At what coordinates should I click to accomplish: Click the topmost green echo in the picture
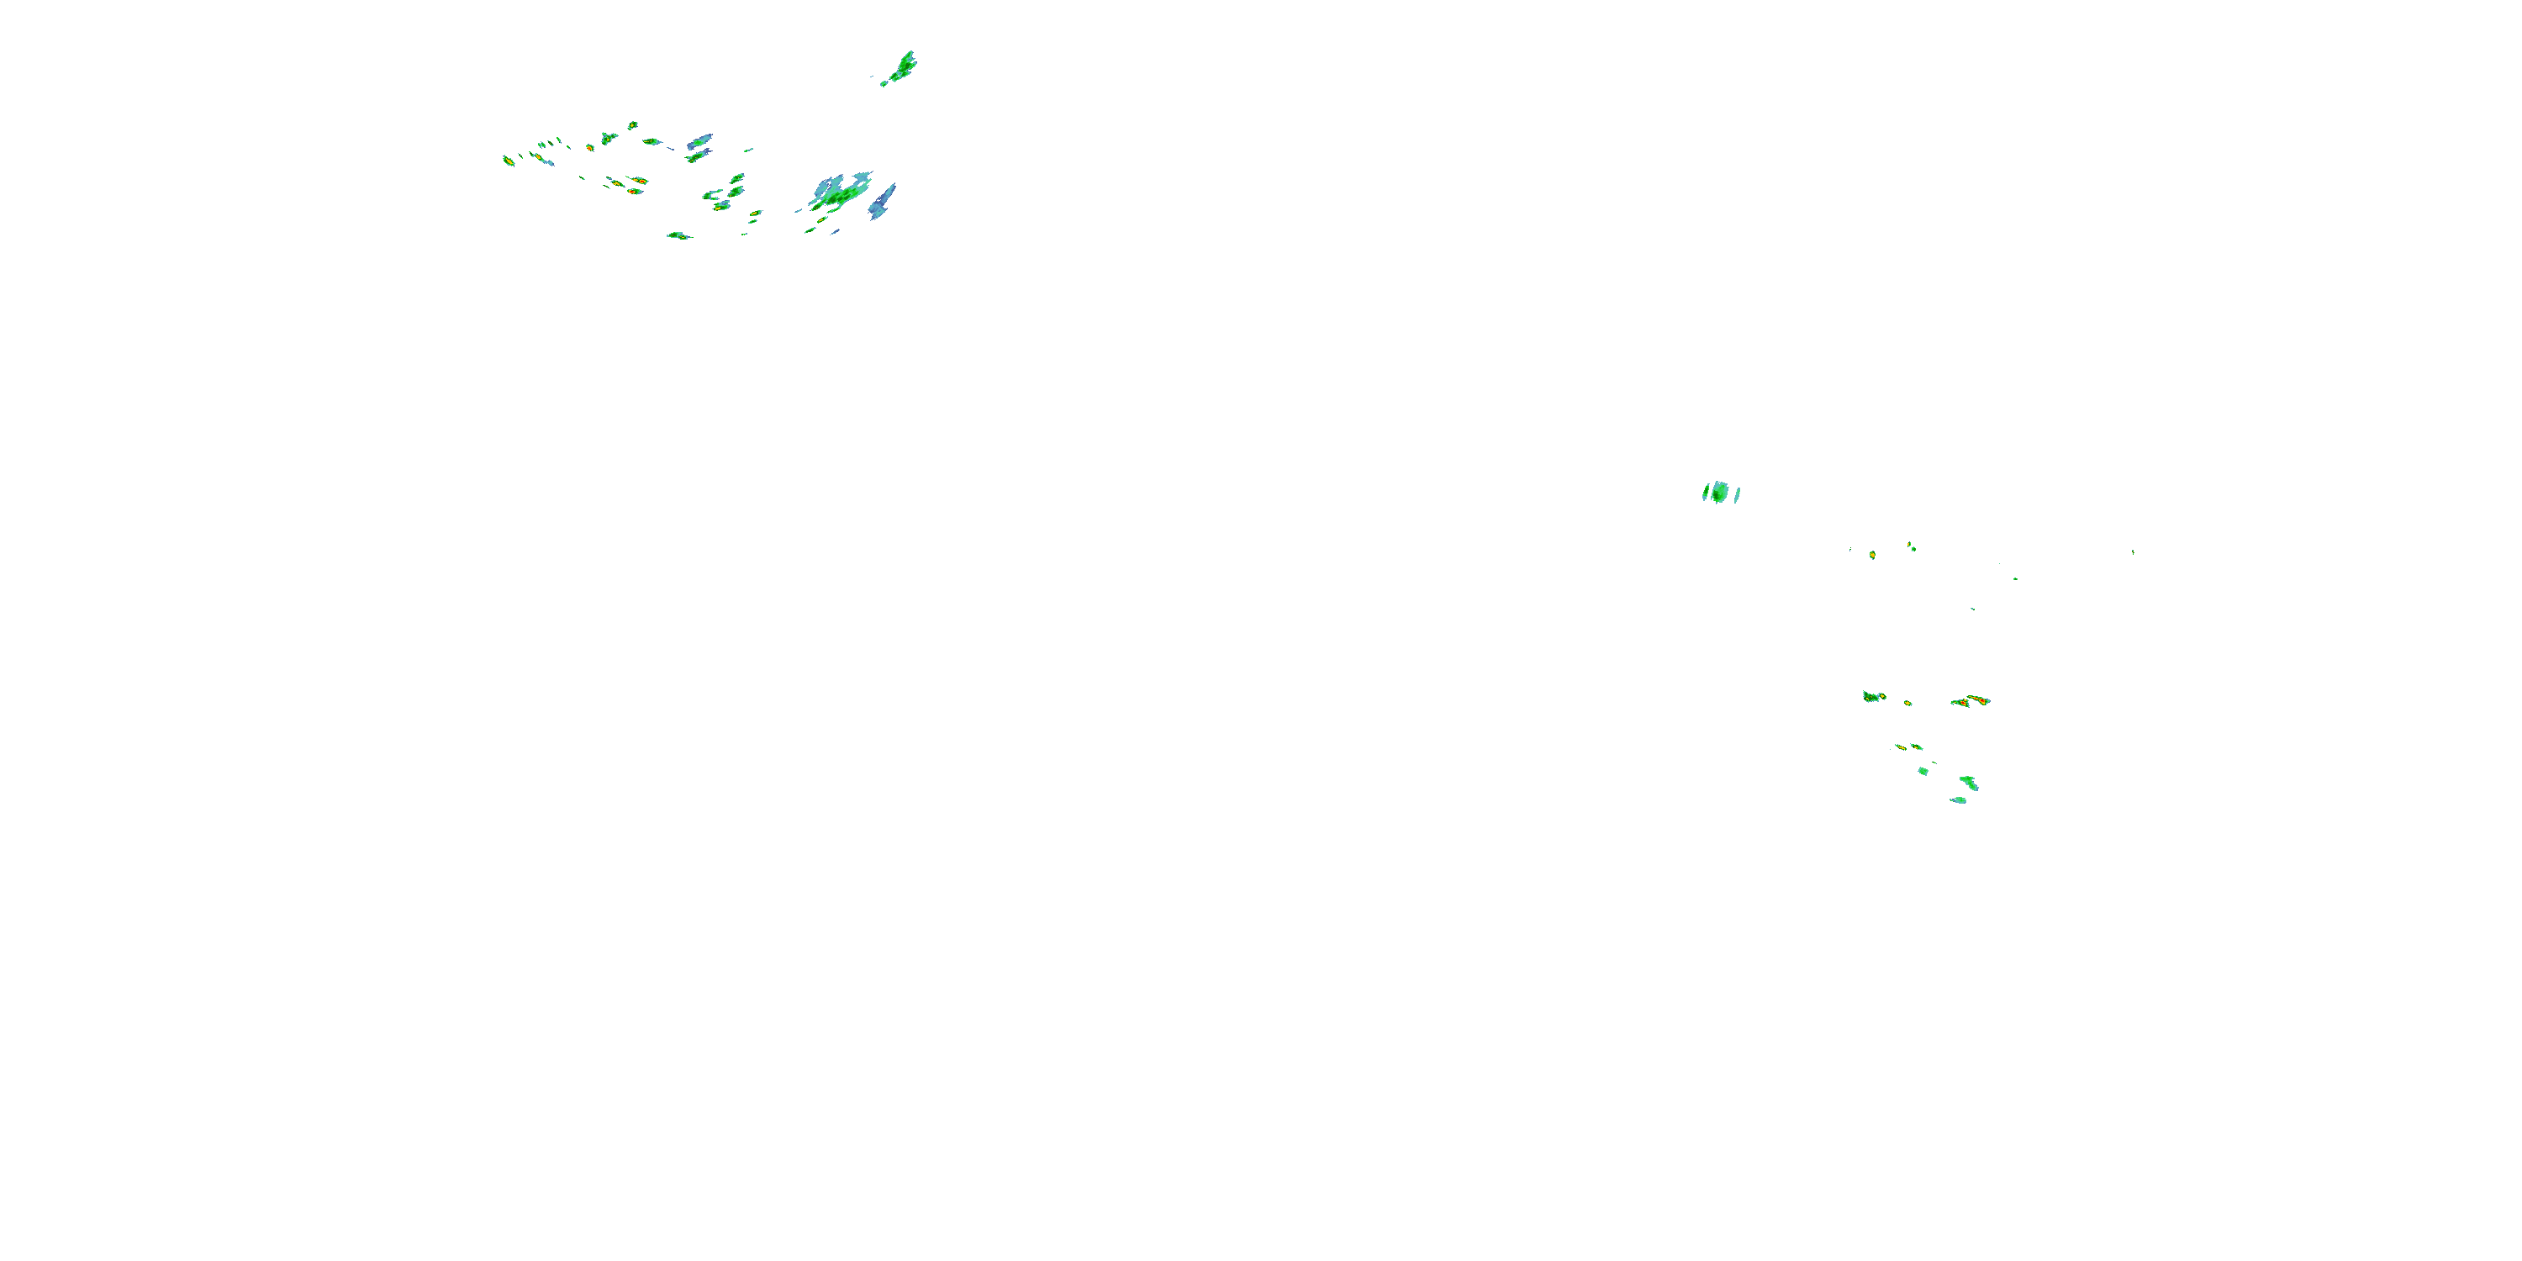tap(904, 66)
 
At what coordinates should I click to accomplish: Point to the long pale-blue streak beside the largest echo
tap(882, 202)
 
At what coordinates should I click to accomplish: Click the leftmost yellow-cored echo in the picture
tap(508, 161)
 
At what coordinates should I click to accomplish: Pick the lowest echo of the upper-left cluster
tap(678, 236)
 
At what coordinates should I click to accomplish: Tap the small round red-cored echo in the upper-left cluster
tap(721, 207)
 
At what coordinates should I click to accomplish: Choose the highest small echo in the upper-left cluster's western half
tap(632, 125)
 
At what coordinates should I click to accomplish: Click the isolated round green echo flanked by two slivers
tap(1719, 493)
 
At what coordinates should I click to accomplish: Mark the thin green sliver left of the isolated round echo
tap(1705, 493)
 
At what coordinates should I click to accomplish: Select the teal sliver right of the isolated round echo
tap(1737, 495)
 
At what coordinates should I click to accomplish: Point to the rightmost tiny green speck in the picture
tap(2132, 552)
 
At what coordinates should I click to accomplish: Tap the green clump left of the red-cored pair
tap(1873, 696)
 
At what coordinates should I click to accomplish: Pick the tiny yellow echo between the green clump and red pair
tap(1907, 703)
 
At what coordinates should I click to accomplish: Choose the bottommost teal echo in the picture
tap(1958, 799)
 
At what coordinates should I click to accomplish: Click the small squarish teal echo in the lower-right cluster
tap(1923, 772)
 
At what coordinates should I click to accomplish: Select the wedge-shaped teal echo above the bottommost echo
tap(1968, 783)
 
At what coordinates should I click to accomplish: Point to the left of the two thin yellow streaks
tap(1899, 747)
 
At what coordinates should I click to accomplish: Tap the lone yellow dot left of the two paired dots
tap(1872, 555)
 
